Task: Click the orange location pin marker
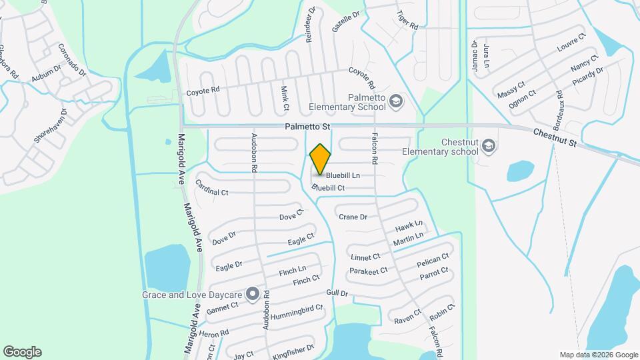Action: tap(321, 159)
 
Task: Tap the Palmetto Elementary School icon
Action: tap(395, 101)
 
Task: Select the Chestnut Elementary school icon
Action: tap(489, 145)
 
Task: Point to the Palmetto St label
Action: tap(308, 126)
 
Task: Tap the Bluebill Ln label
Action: tap(343, 175)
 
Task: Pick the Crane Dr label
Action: tap(353, 217)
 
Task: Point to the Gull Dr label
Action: tap(337, 293)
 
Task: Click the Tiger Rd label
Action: tap(407, 21)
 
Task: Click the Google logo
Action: tap(22, 351)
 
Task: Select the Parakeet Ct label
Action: tap(368, 271)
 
